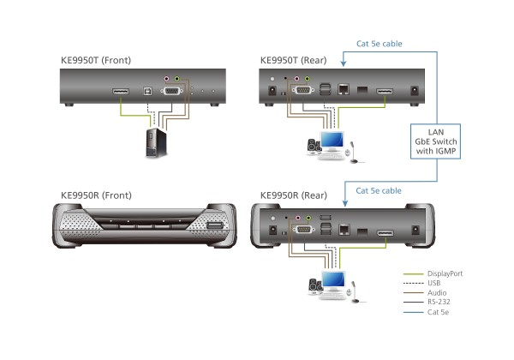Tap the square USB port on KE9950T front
click(149, 88)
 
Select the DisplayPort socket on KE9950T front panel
click(118, 88)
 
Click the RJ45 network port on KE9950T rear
click(344, 87)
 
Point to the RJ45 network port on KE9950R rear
click(344, 230)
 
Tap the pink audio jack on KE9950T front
click(169, 76)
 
